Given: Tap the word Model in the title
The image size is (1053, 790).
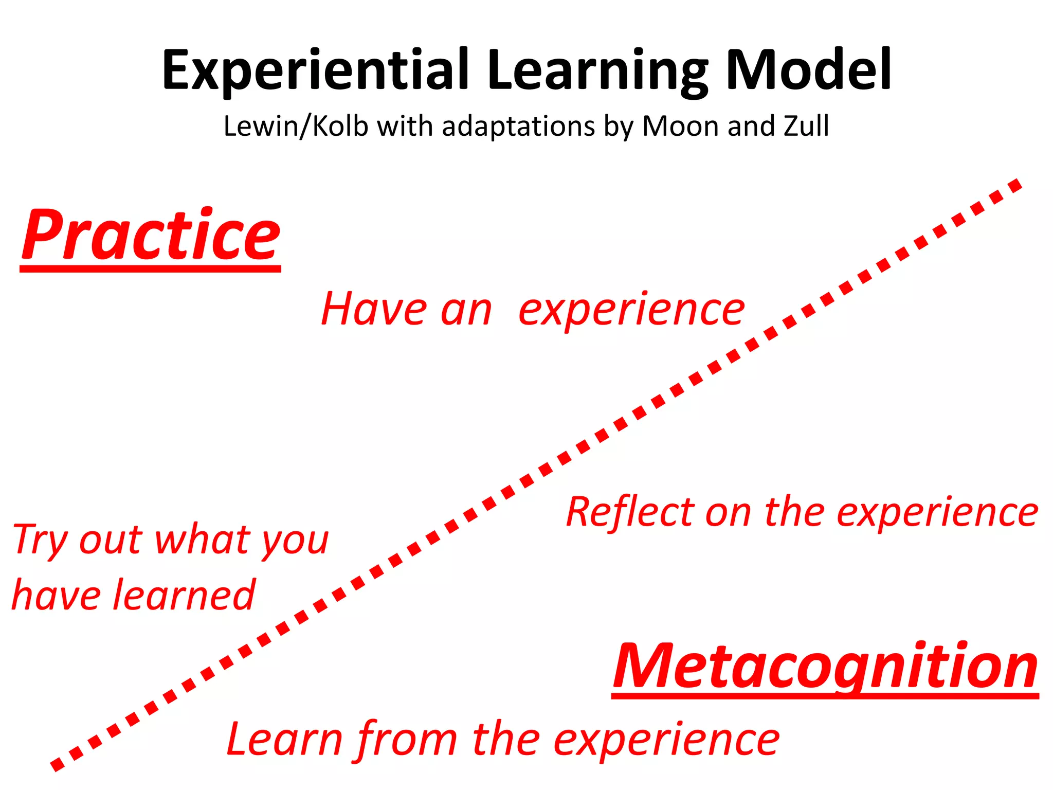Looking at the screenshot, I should (808, 70).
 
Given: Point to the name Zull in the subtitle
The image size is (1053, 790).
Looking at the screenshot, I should (806, 126).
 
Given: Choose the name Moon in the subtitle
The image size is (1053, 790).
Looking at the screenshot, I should (681, 126).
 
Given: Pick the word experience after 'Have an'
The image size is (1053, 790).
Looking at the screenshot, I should (631, 310).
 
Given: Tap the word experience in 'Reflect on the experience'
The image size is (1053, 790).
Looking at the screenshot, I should (937, 513).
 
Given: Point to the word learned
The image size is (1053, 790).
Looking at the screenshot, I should (184, 595).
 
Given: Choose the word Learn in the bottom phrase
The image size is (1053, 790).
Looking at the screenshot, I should (284, 739).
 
